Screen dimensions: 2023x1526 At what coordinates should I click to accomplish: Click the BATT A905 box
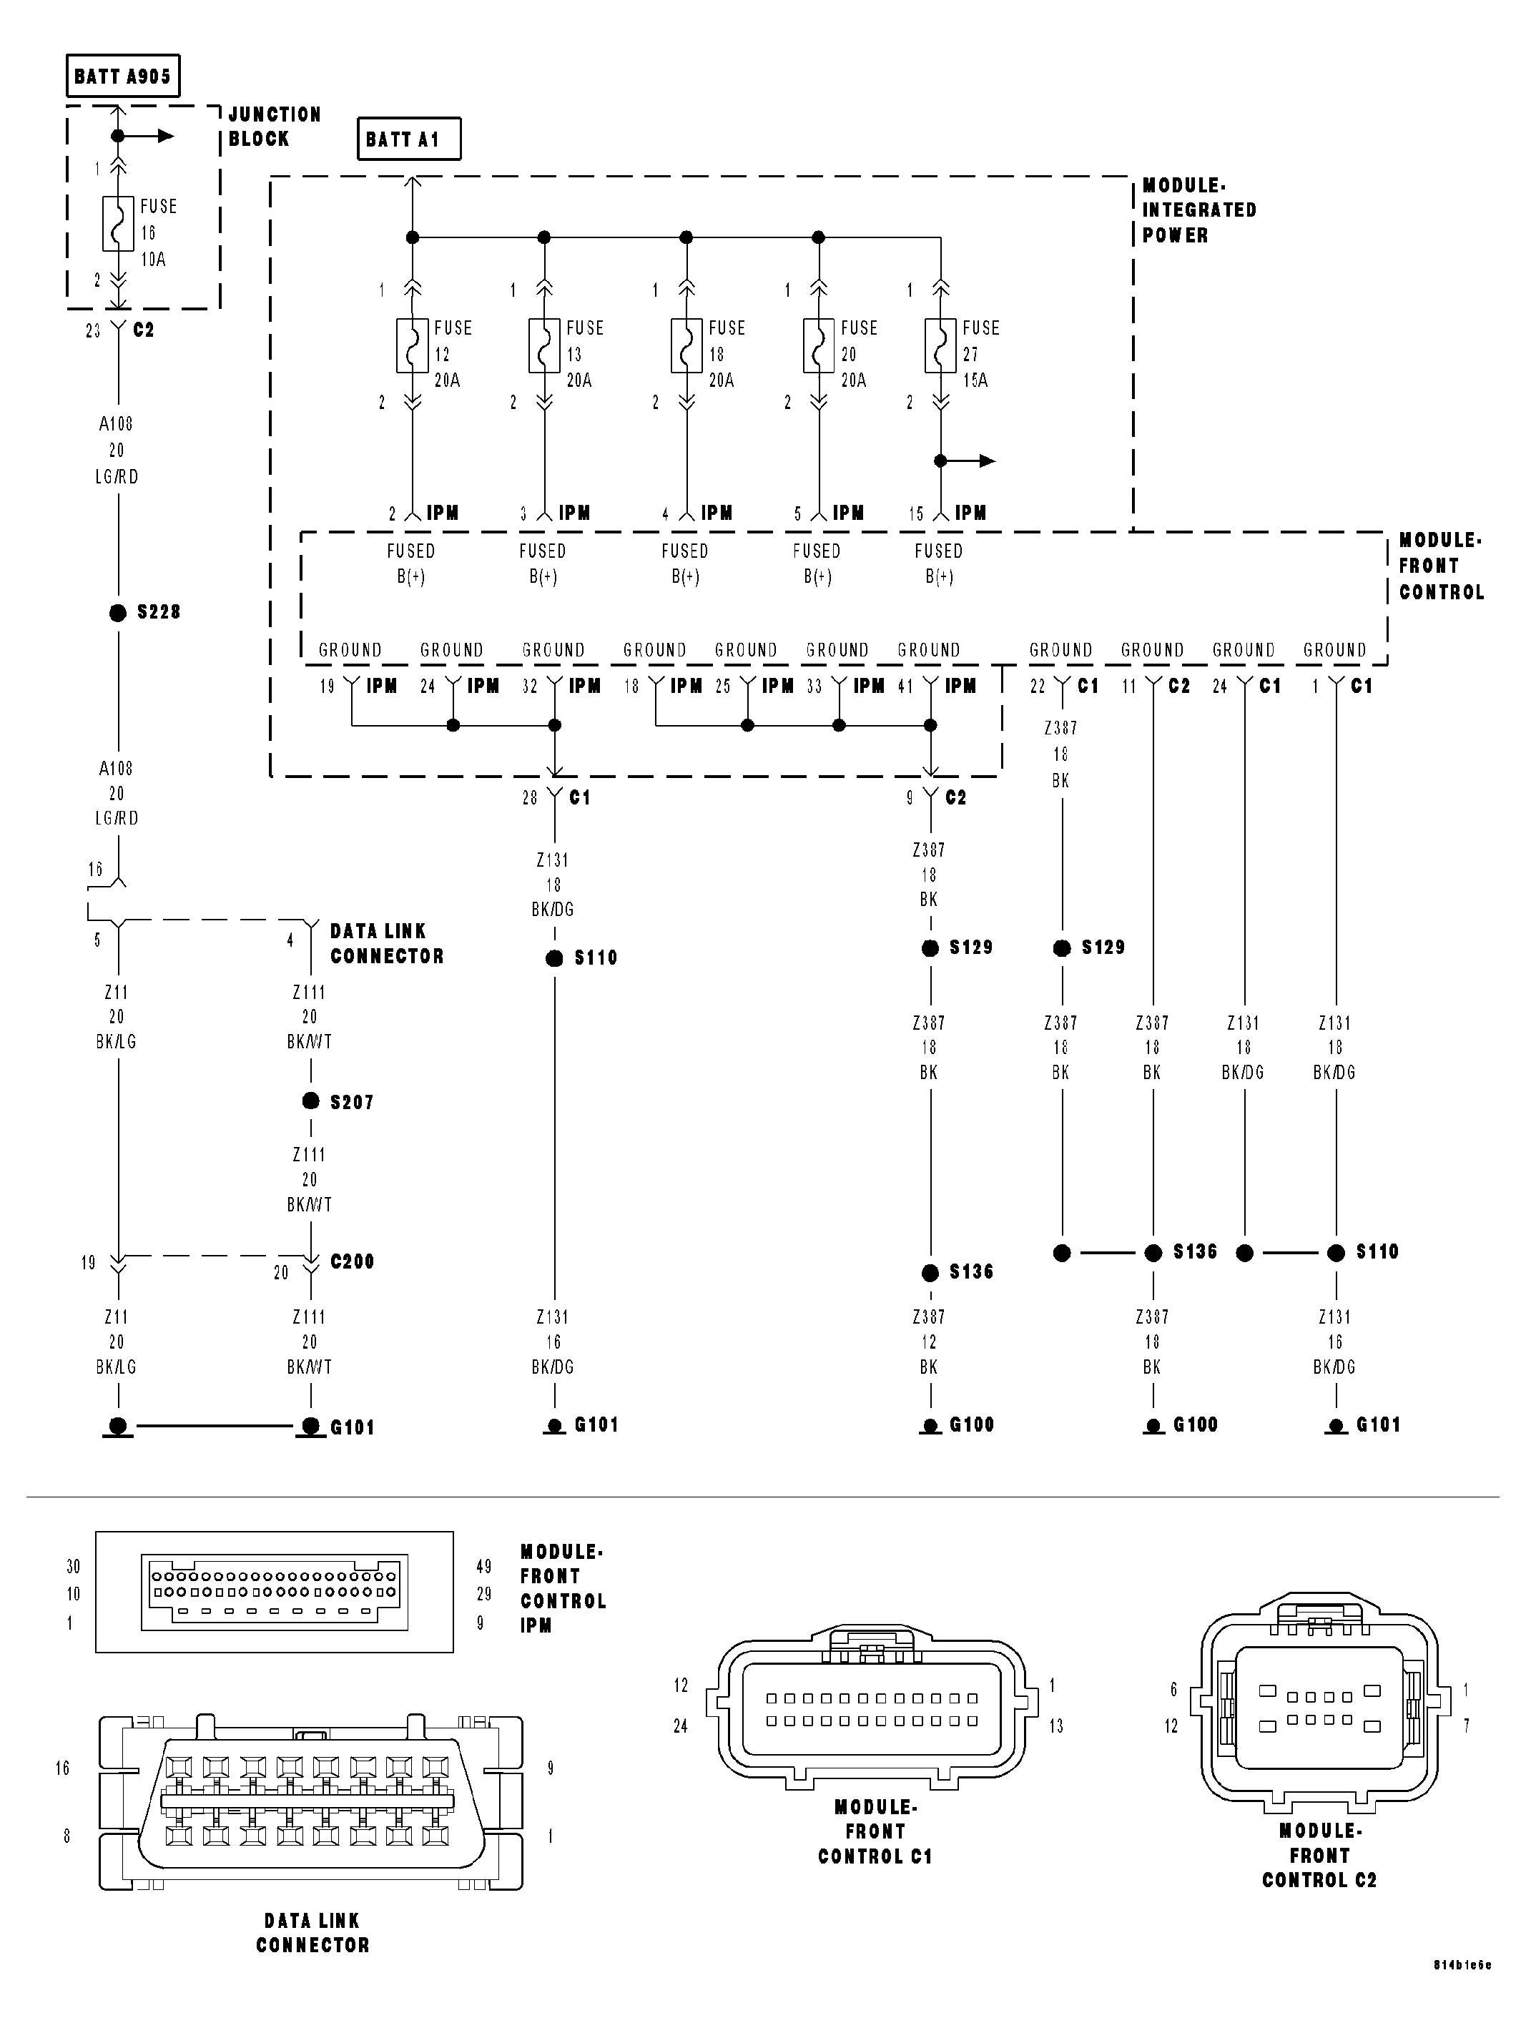point(122,76)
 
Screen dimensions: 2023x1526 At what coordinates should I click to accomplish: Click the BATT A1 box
point(408,139)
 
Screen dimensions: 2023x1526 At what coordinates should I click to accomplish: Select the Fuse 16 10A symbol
point(118,223)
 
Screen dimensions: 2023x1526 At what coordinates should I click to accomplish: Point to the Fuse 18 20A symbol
point(686,345)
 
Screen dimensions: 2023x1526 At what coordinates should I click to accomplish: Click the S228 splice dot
point(118,613)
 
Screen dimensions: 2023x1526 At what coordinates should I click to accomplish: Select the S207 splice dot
point(311,1101)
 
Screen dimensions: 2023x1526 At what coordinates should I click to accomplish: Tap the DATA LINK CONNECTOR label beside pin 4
point(386,943)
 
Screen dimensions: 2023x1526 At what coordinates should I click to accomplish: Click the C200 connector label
point(352,1261)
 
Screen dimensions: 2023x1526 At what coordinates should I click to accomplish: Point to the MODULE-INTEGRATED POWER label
point(1198,210)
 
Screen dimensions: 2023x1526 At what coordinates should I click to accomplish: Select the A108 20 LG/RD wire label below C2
point(117,450)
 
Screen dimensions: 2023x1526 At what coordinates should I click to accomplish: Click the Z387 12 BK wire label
point(929,1342)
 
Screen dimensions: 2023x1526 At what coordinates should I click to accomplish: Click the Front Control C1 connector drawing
point(872,1709)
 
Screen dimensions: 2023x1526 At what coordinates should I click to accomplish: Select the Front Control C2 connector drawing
point(1319,1708)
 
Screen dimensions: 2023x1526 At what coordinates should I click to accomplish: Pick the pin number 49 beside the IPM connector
point(483,1567)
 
